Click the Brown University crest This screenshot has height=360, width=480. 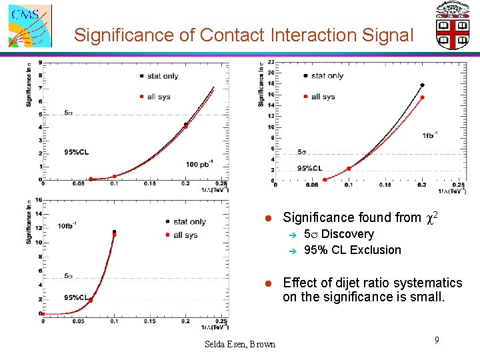tap(453, 25)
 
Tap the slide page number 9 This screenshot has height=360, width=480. tap(437, 341)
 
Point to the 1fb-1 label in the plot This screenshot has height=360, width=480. tap(430, 135)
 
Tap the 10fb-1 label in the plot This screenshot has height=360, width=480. tap(69, 225)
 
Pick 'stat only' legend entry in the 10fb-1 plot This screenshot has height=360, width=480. tap(189, 221)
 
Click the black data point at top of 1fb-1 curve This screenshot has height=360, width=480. tap(422, 85)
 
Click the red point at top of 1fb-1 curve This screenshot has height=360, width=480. tap(422, 97)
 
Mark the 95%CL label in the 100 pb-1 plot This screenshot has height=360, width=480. tap(77, 152)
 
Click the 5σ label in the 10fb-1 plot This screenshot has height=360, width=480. tap(69, 275)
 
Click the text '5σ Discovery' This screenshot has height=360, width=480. tap(338, 234)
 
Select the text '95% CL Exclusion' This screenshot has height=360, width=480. tap(352, 250)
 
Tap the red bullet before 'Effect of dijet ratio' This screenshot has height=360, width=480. tap(267, 283)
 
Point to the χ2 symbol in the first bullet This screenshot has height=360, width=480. tap(432, 217)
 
